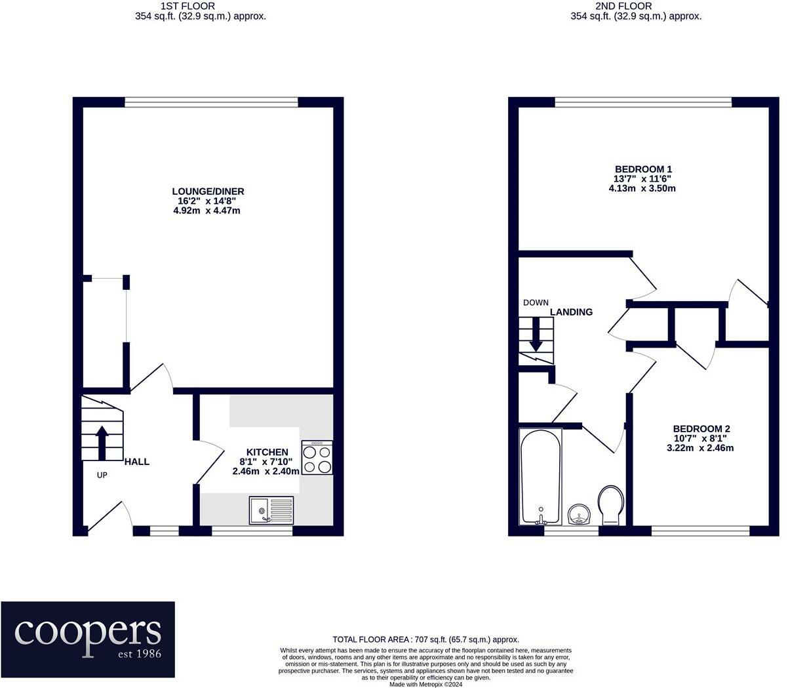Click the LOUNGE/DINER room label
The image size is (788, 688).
[208, 192]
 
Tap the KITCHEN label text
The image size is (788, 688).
[267, 452]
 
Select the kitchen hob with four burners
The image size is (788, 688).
[317, 458]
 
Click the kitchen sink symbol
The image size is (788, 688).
[271, 510]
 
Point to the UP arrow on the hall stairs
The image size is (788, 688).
[102, 443]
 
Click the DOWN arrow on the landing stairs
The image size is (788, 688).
[536, 333]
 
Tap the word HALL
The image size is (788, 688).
[137, 462]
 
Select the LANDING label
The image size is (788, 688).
[571, 312]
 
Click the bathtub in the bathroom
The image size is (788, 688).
[540, 476]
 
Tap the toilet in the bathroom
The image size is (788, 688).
[611, 504]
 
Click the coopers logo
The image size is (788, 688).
[88, 639]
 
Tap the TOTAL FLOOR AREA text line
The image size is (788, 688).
[425, 639]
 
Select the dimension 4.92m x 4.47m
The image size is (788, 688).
[208, 211]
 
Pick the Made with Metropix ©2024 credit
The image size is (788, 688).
[425, 684]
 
